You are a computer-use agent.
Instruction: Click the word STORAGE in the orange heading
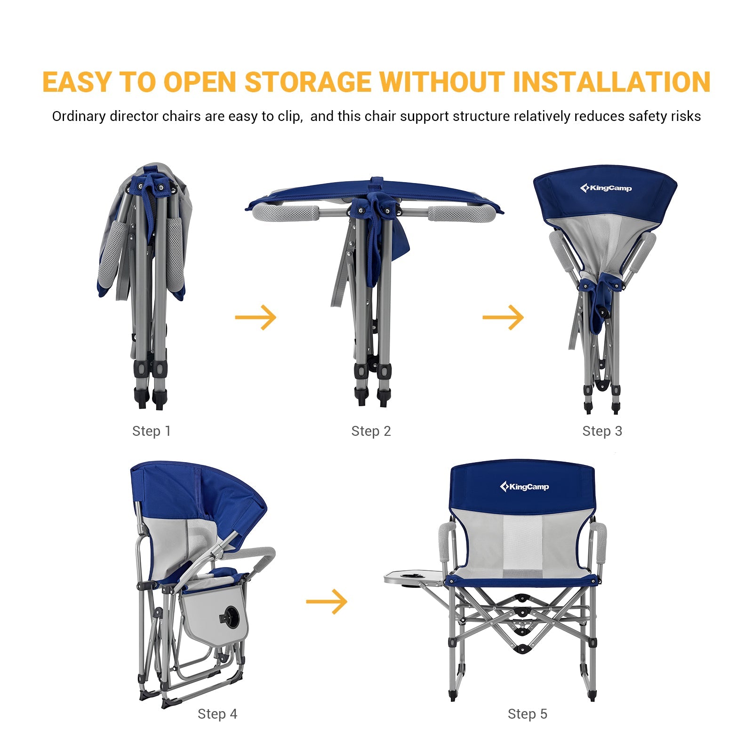coord(308,82)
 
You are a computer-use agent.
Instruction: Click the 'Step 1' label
coord(151,431)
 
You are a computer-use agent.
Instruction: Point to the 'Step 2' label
coord(371,431)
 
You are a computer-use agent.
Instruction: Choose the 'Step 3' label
coord(602,431)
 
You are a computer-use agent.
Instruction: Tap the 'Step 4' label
coord(217,714)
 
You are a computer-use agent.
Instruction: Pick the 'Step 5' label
coord(527,714)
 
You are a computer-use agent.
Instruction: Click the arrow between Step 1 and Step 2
coord(256,317)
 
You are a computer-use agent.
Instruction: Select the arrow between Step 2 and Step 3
coord(503,317)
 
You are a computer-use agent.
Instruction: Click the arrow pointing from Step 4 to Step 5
coord(327,601)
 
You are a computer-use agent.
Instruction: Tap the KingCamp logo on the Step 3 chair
coord(606,188)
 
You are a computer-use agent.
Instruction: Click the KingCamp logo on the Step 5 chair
coord(524,487)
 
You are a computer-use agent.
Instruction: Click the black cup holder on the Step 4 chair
coord(231,615)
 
